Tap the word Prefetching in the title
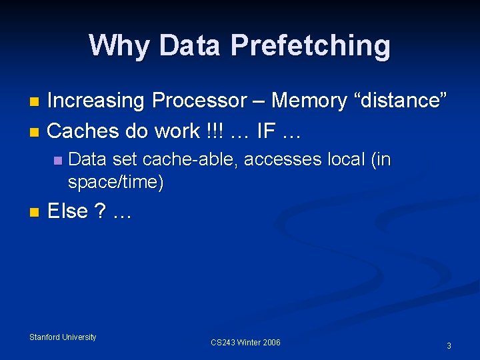click(x=311, y=45)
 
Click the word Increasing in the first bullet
click(x=96, y=101)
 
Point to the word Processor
click(x=199, y=101)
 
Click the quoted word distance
click(x=401, y=101)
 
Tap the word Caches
click(x=81, y=131)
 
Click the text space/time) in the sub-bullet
click(x=115, y=182)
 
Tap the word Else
click(x=68, y=211)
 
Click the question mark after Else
click(x=100, y=211)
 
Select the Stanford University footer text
click(x=63, y=337)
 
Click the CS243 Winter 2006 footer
click(x=245, y=343)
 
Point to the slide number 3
click(x=449, y=346)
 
